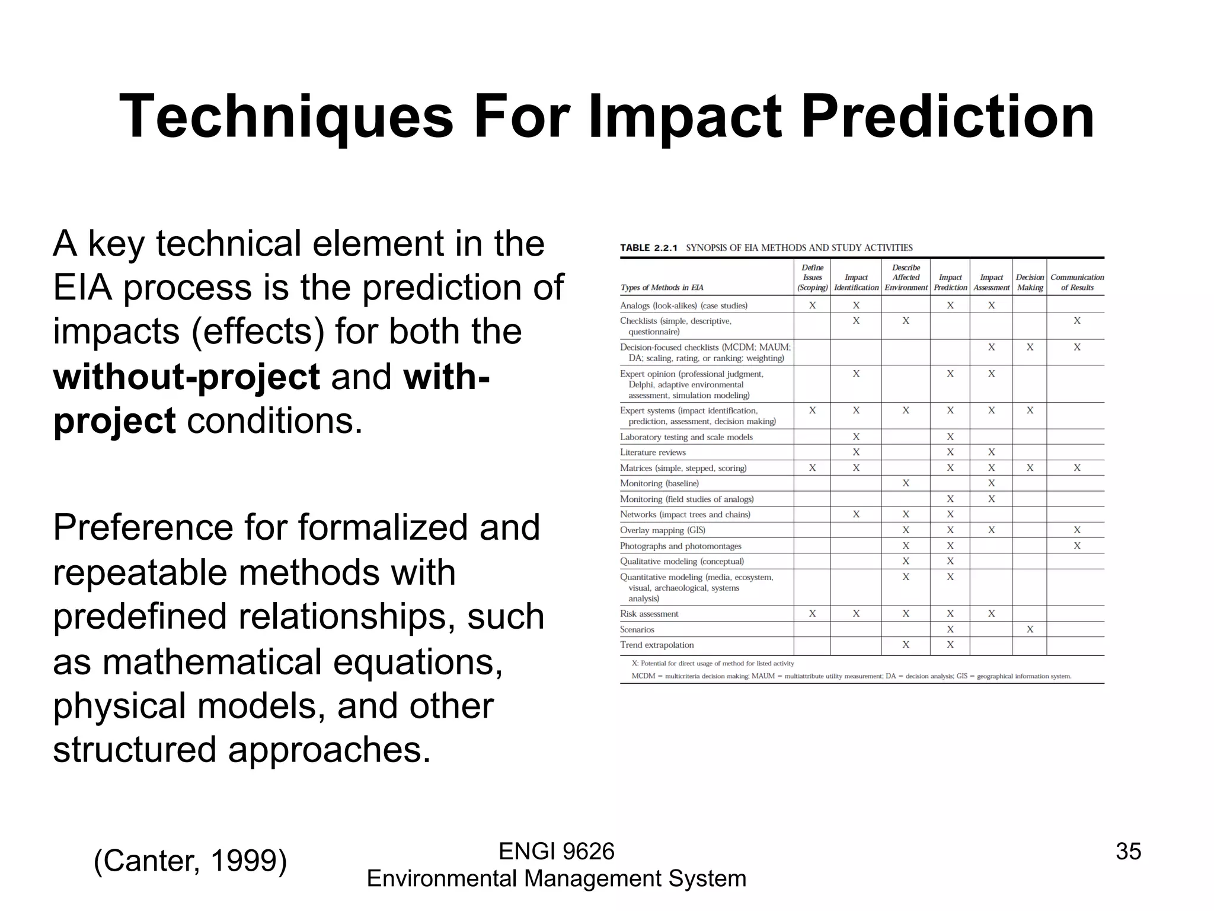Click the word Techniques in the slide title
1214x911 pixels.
[286, 117]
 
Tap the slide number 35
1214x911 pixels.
[1128, 851]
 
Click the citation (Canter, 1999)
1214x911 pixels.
[190, 861]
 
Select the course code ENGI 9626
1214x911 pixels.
[556, 851]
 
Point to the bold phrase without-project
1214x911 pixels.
[186, 377]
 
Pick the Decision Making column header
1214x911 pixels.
[1030, 282]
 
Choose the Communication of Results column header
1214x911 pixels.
[1077, 282]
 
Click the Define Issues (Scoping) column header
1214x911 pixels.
[812, 278]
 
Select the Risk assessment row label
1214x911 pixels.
[649, 614]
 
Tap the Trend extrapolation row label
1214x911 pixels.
[657, 645]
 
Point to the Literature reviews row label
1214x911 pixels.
[653, 453]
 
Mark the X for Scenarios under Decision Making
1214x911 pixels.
[1030, 629]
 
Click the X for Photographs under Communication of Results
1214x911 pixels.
[1077, 546]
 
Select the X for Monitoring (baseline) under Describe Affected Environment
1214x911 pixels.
[906, 483]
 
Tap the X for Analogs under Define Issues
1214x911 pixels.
[812, 305]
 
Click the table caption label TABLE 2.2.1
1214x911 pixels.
[648, 248]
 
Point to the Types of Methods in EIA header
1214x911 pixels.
[662, 288]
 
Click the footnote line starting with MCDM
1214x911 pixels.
[851, 676]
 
